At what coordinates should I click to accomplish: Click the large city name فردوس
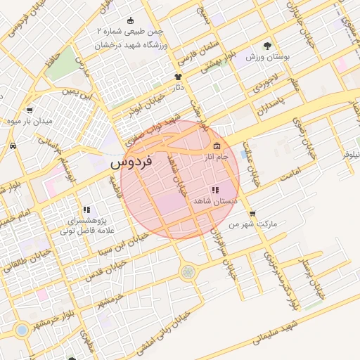[x=132, y=162]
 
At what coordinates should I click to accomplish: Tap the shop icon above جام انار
[x=217, y=146]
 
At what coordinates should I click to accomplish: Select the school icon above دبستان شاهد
[x=214, y=190]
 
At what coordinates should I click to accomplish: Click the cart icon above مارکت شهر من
[x=252, y=214]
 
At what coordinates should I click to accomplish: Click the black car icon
[x=13, y=146]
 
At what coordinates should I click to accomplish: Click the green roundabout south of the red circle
[x=187, y=271]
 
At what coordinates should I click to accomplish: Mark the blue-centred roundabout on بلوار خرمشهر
[x=22, y=329]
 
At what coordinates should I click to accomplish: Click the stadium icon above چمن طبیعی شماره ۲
[x=129, y=20]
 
